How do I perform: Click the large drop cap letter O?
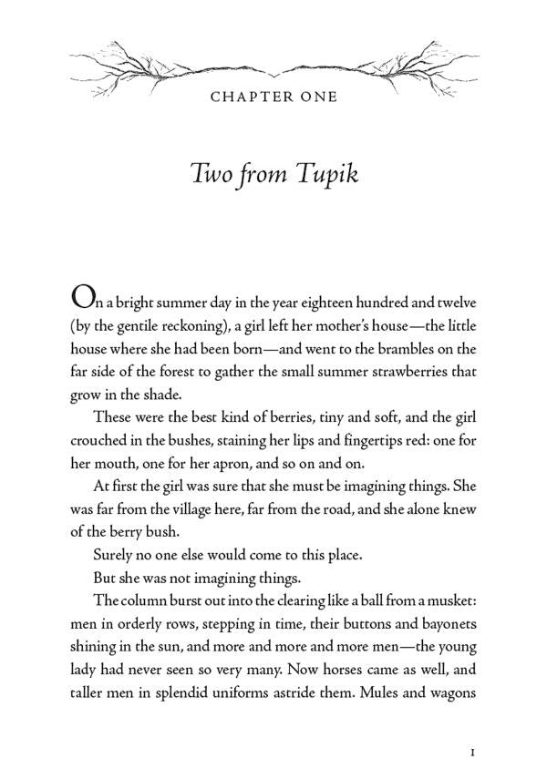pyautogui.click(x=82, y=297)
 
